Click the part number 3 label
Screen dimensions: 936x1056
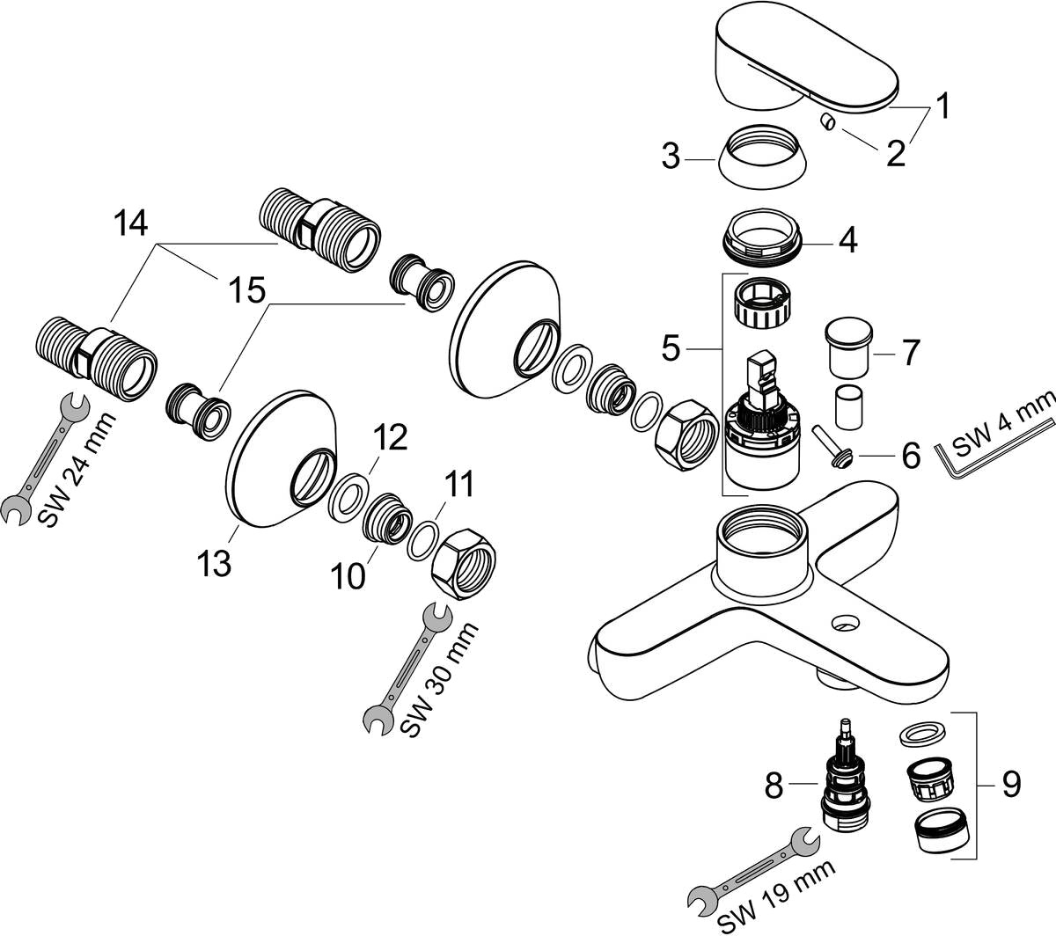pos(672,158)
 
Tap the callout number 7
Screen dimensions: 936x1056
pos(908,353)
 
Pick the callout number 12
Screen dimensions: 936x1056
pos(390,437)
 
